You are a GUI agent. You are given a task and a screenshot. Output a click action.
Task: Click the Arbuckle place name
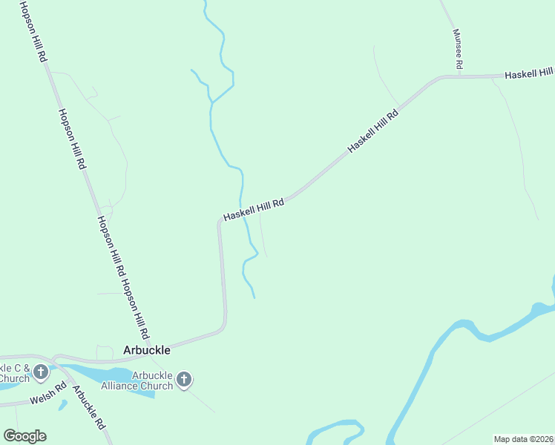click(146, 350)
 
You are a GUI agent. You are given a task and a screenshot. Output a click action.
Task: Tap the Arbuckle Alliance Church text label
click(152, 380)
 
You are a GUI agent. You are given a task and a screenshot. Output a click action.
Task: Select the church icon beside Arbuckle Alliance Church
click(185, 380)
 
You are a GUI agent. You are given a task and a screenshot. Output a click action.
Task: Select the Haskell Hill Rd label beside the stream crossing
click(254, 210)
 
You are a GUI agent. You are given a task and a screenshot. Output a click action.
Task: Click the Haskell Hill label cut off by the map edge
click(528, 73)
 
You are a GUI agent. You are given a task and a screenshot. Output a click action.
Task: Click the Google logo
click(24, 436)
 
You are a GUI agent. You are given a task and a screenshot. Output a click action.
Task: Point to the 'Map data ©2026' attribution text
click(524, 438)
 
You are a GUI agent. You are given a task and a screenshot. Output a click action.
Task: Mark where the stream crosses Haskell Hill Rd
click(242, 208)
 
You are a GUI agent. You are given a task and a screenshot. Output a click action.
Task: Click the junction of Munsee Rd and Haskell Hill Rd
click(459, 75)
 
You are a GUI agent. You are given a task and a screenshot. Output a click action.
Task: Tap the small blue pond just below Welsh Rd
click(62, 405)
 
